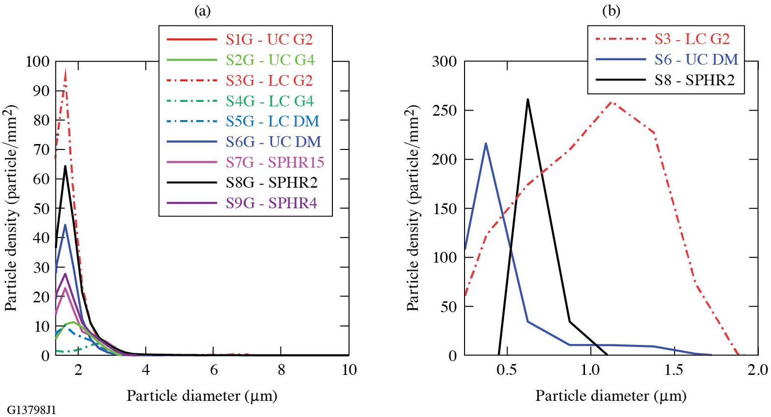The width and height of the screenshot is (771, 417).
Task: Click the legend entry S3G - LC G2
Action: click(269, 80)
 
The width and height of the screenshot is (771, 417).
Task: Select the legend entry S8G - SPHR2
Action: click(271, 182)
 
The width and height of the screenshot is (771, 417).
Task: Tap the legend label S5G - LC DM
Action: click(272, 121)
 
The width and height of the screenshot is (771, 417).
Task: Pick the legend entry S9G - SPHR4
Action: click(271, 203)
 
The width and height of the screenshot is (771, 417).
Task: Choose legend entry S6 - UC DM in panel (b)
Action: click(696, 59)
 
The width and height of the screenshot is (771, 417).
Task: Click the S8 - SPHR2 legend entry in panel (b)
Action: click(694, 80)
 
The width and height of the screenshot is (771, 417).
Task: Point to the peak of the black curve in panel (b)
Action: click(527, 99)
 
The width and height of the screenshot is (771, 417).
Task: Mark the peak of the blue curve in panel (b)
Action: click(486, 144)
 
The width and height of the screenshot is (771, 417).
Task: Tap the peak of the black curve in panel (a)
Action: click(65, 166)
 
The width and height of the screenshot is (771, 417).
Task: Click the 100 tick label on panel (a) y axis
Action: click(38, 61)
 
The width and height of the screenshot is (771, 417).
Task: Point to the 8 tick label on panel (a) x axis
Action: click(281, 370)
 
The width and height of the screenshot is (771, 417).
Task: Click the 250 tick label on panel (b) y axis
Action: click(444, 110)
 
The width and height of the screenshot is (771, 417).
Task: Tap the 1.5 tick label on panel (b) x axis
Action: click(674, 370)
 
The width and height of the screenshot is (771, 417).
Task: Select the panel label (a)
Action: click(202, 11)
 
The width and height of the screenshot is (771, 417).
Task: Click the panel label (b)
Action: click(611, 11)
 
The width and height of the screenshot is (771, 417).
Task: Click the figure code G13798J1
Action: click(32, 410)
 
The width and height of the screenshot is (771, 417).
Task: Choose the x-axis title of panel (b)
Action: click(610, 395)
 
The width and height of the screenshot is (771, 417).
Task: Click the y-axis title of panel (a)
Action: click(11, 208)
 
